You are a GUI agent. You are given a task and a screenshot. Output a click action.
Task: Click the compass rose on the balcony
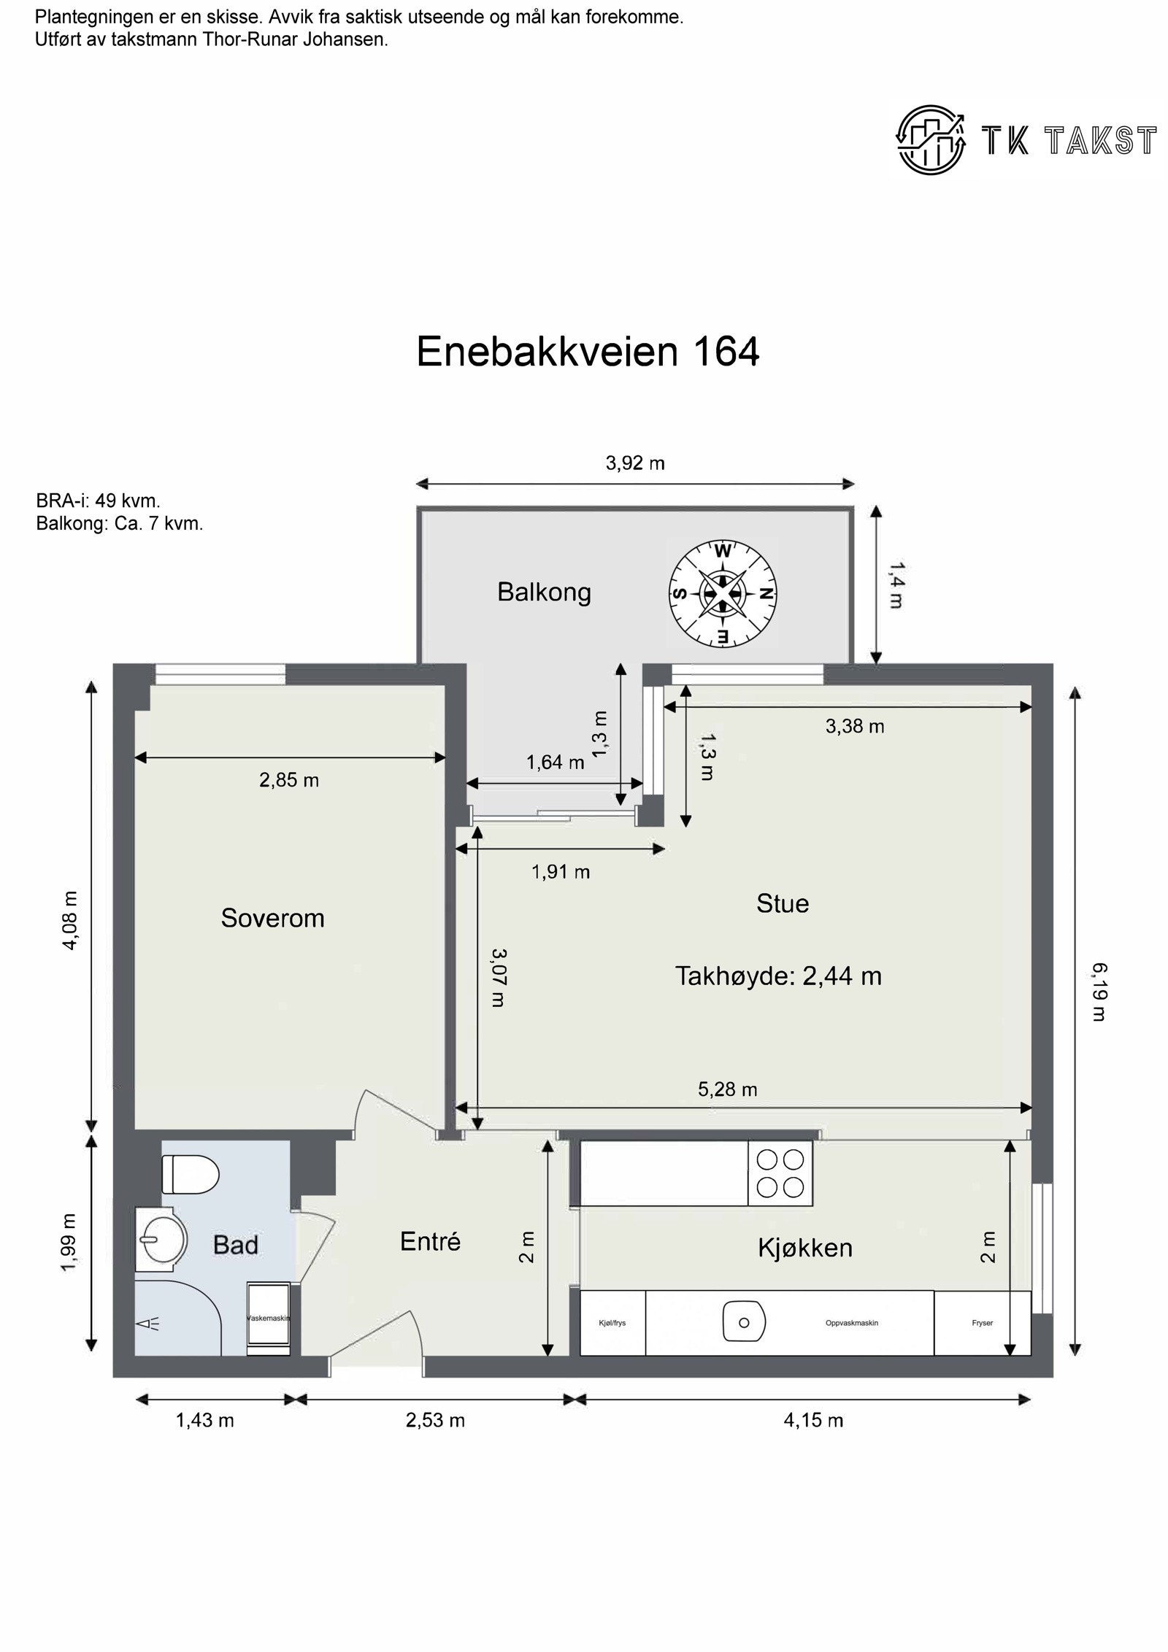pos(722,593)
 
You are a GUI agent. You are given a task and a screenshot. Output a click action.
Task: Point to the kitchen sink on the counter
pos(743,1322)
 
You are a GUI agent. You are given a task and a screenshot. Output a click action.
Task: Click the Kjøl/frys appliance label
pos(612,1322)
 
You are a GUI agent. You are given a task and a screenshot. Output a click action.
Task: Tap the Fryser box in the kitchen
pos(982,1322)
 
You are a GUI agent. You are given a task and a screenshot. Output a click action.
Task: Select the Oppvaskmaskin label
pos(851,1322)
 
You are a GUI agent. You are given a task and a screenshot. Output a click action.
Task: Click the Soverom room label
pos(272,918)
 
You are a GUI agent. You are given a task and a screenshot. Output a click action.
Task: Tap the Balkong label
pos(544,592)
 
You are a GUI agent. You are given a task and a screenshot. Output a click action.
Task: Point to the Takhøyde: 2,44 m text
pos(778,976)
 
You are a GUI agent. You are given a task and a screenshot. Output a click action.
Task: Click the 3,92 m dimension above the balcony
pos(635,463)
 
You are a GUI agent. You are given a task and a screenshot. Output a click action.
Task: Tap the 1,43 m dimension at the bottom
pos(205,1420)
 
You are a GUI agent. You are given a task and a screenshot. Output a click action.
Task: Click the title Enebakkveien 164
pos(588,352)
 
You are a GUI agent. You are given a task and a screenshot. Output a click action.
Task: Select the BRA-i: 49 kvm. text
pos(98,501)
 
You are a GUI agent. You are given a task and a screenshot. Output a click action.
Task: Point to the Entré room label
pos(430,1241)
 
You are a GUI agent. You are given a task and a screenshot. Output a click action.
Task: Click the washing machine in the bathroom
pos(269,1319)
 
